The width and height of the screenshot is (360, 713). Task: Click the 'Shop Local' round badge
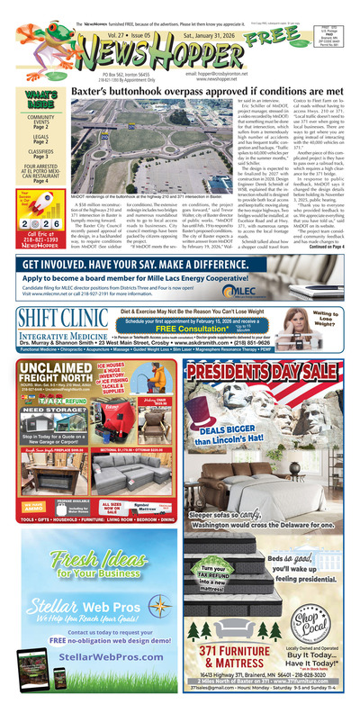click(318, 590)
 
